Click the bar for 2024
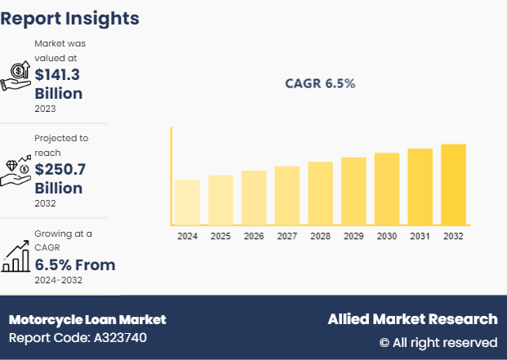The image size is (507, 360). tap(187, 202)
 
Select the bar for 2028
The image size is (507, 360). tap(320, 193)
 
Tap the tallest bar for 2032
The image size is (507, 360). tap(453, 184)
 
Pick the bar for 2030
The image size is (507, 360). tap(387, 188)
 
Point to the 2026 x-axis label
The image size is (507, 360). tap(254, 236)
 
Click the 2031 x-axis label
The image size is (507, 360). tap(420, 236)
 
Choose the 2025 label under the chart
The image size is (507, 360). tap(220, 236)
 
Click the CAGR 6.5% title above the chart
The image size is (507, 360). tap(320, 83)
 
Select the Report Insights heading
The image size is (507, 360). tap(70, 18)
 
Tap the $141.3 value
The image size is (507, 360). tap(58, 74)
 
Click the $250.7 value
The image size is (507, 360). tap(60, 169)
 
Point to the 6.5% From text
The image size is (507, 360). tap(74, 264)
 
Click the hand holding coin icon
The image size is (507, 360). tap(16, 75)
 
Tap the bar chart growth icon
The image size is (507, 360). tap(16, 256)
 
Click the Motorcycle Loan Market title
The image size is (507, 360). tap(87, 319)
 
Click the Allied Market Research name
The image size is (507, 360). tap(412, 318)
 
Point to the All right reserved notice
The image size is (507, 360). tap(438, 342)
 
